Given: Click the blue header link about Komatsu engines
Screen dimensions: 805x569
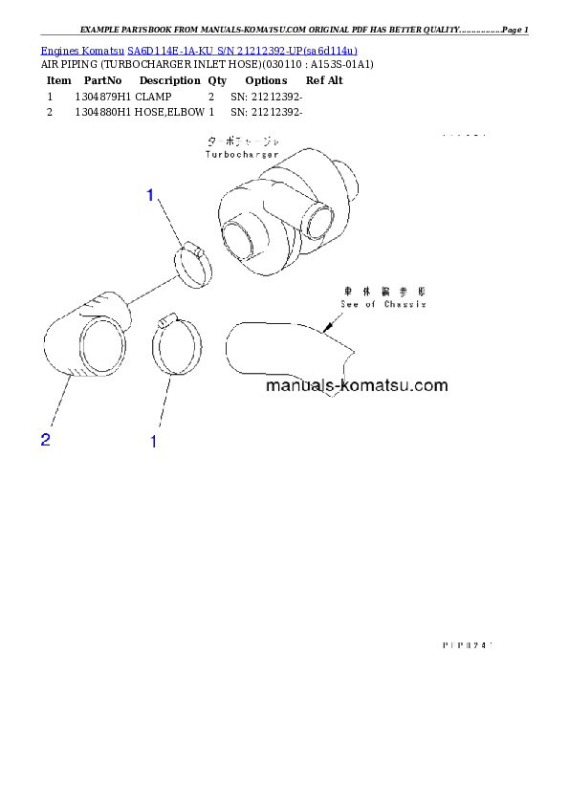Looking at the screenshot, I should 199,49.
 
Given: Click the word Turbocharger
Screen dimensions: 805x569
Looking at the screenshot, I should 241,154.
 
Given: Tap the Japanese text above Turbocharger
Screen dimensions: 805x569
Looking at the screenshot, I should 241,141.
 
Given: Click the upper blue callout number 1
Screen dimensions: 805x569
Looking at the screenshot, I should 150,196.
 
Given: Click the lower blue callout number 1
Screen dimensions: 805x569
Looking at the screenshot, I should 153,442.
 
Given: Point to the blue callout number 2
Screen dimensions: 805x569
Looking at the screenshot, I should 45,440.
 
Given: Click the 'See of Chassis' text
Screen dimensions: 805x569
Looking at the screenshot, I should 383,304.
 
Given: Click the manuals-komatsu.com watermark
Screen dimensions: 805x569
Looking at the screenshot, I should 356,386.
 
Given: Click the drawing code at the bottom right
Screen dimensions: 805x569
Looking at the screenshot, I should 466,645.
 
